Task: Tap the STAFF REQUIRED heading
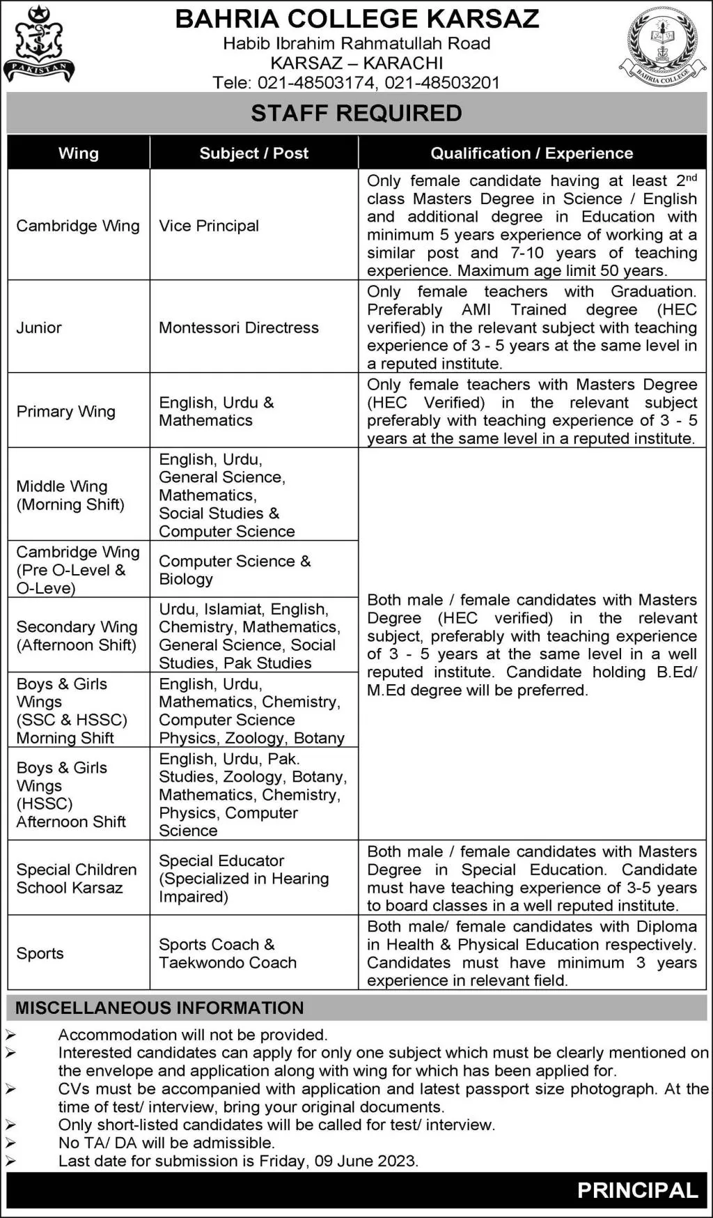(356, 113)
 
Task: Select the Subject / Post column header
(253, 153)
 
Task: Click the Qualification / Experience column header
(531, 153)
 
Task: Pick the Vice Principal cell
(209, 226)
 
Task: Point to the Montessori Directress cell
(239, 327)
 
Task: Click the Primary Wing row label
(66, 411)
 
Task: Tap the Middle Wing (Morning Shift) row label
(70, 495)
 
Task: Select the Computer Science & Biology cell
(235, 570)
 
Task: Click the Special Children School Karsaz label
(76, 879)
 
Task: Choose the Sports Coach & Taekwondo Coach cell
(228, 953)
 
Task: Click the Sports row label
(40, 953)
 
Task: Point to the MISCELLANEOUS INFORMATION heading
(159, 1008)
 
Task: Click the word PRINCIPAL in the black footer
(637, 1191)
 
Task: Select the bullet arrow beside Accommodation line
(10, 1035)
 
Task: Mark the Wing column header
(79, 153)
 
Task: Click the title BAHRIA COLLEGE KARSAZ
(356, 19)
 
